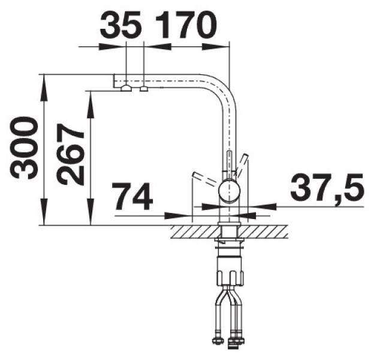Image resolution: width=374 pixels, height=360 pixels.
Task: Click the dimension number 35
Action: [x=120, y=25]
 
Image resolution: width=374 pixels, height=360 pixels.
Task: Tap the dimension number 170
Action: [x=186, y=25]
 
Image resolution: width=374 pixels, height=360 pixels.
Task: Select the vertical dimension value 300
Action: [x=25, y=148]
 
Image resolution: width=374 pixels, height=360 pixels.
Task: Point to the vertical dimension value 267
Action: [x=71, y=155]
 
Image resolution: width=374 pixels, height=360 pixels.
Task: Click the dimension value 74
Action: [x=133, y=196]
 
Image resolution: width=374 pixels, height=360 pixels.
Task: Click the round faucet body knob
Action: [x=229, y=191]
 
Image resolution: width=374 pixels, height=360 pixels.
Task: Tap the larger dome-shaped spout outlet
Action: [x=126, y=88]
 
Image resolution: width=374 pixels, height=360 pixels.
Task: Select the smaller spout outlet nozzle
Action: [x=144, y=89]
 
